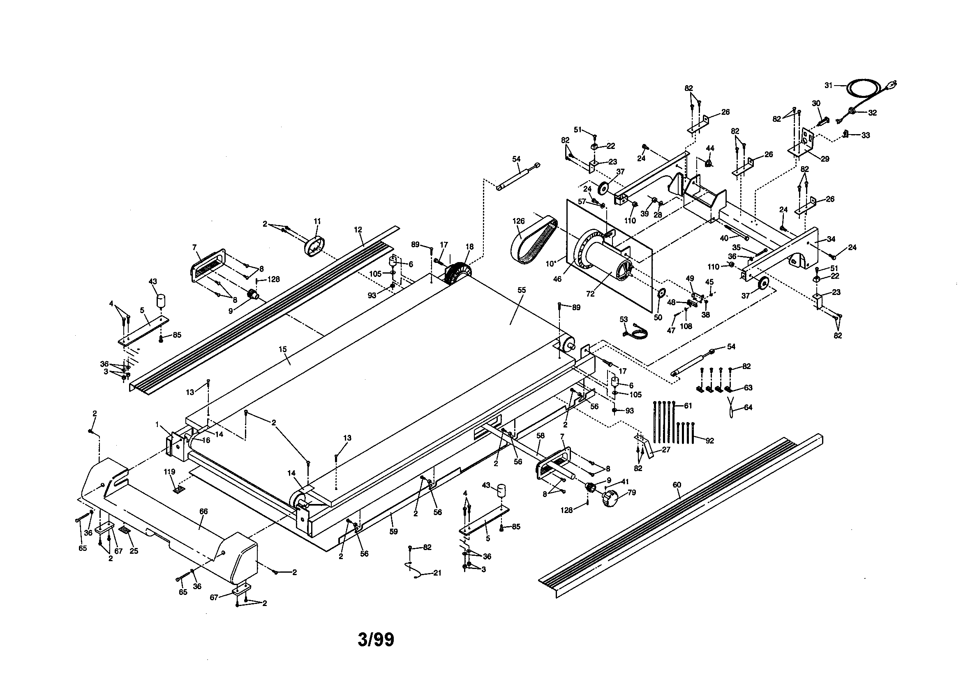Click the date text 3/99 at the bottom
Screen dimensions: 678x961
[375, 640]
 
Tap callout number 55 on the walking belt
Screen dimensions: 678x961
[522, 290]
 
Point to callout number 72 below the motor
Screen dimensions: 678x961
[590, 294]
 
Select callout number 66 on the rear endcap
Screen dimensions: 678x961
[203, 511]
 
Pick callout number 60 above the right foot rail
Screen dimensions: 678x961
[677, 485]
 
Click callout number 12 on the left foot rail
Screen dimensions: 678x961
[358, 230]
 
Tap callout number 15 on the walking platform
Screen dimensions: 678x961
[282, 349]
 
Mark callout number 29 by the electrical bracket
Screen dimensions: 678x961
[825, 159]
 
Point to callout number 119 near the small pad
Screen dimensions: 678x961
[169, 471]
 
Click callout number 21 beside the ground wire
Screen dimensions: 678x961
[437, 573]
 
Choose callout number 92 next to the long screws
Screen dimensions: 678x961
[709, 441]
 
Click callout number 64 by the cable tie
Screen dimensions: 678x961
[748, 407]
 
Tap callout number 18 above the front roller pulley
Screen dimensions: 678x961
[470, 247]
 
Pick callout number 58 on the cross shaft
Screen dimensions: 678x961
[541, 435]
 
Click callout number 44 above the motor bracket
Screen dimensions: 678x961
[710, 148]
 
